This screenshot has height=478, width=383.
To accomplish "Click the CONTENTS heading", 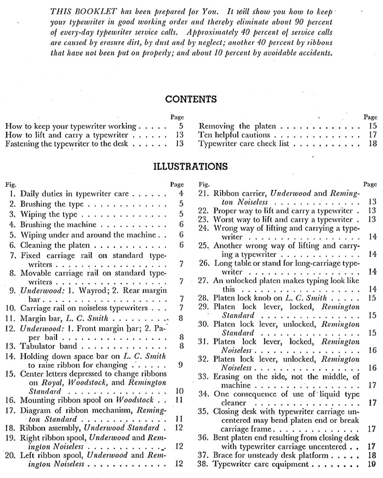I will click(x=191, y=99).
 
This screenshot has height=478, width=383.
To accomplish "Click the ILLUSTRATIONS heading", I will click(x=190, y=166).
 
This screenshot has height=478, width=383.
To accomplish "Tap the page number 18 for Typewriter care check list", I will click(x=373, y=144).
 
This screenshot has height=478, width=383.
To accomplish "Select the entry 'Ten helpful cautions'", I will click(x=234, y=135).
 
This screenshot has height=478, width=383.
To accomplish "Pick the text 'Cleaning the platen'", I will click(x=55, y=245).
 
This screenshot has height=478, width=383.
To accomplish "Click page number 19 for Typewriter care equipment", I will click(x=372, y=464).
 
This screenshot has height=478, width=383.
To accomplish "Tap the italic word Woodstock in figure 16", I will click(x=134, y=400).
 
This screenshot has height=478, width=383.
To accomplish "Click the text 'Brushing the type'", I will click(x=52, y=204).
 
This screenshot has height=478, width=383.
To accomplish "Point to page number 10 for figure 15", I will click(x=179, y=391).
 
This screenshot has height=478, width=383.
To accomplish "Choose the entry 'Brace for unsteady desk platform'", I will click(x=270, y=455).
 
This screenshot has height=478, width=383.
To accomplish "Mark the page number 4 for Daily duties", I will click(x=181, y=194).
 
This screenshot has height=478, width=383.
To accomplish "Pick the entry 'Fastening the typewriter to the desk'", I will click(x=67, y=144).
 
